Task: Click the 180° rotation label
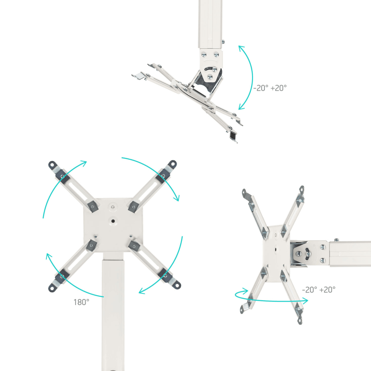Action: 81,302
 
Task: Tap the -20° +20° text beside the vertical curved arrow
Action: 270,88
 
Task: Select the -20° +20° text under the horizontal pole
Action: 318,289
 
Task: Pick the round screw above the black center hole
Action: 112,205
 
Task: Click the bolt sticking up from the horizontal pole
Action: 336,240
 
